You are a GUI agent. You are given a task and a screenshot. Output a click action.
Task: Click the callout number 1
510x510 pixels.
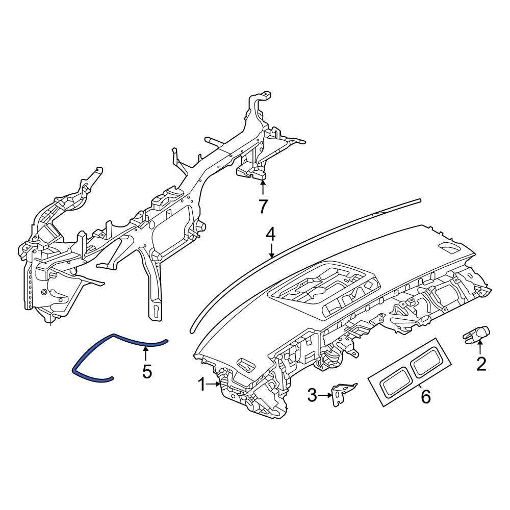(201, 385)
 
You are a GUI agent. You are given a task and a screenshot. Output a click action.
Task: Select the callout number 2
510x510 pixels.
(481, 364)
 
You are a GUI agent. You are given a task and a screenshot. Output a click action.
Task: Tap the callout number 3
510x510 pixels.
(313, 394)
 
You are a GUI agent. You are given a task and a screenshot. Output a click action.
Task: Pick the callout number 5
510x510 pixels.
(147, 372)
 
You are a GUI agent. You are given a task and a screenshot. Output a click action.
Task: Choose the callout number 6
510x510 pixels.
(425, 396)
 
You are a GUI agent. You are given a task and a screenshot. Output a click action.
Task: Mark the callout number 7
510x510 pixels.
(263, 207)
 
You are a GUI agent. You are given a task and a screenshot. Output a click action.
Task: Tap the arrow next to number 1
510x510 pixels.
(214, 385)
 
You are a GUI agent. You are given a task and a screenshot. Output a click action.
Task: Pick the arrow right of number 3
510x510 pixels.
(326, 395)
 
